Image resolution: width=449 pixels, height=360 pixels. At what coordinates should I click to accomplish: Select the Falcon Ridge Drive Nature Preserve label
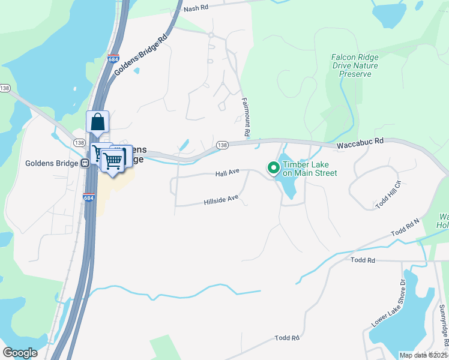[355, 66]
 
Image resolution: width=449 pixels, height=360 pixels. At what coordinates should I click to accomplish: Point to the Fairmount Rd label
[245, 116]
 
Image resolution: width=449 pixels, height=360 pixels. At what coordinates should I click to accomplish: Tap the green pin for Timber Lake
[273, 169]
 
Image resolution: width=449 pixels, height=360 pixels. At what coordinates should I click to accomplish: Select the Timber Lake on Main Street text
[310, 169]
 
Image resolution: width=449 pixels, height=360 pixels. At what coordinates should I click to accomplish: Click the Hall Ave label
[228, 173]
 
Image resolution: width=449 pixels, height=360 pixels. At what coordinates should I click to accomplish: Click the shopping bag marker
[97, 123]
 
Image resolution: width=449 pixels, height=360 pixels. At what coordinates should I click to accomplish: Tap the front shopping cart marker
[112, 161]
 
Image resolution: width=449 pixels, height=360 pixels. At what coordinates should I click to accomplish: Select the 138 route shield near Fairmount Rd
[222, 146]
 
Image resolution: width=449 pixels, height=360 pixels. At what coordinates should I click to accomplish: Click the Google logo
[20, 353]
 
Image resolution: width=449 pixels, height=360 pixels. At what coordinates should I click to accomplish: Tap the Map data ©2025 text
[423, 355]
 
